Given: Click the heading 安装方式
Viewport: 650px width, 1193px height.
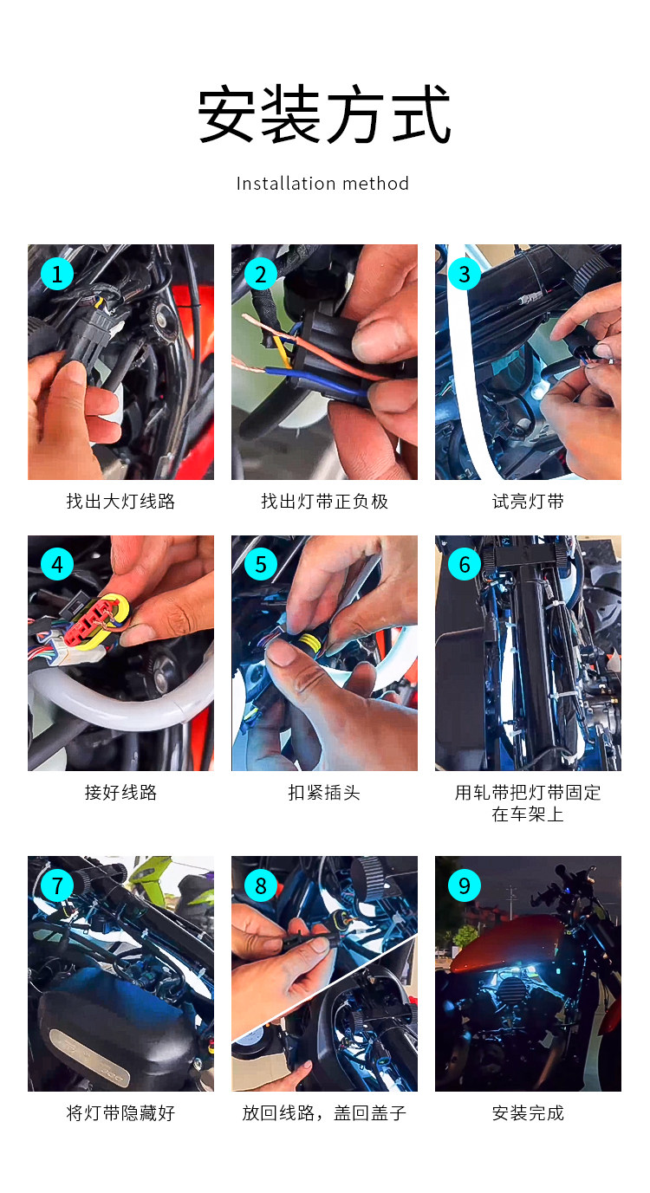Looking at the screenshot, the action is click(324, 113).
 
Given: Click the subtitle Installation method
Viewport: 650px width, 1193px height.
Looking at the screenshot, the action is click(322, 184).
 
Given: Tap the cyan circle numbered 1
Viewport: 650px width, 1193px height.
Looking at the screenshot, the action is click(57, 275).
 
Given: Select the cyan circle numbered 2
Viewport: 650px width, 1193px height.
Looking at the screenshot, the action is click(261, 275).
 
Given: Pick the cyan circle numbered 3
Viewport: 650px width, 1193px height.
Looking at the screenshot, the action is click(464, 275).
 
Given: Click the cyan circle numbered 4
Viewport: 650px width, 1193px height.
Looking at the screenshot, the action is click(57, 565).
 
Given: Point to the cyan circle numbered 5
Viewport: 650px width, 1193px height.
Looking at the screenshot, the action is click(261, 565).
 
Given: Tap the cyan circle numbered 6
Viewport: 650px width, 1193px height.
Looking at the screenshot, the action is click(464, 565).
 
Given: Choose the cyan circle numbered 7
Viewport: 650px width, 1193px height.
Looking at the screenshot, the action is click(57, 885).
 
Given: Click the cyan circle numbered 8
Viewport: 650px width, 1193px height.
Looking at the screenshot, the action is click(261, 885).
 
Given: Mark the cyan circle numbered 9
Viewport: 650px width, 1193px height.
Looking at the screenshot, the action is click(464, 885).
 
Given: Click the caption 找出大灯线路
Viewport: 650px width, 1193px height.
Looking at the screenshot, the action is click(121, 501).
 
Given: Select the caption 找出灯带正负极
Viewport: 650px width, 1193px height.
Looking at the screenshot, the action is click(324, 501).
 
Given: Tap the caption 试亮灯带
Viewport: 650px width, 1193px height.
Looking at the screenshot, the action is click(528, 501).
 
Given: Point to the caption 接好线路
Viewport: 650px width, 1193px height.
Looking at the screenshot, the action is click(121, 793).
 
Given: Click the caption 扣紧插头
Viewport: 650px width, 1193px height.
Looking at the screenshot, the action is click(324, 793).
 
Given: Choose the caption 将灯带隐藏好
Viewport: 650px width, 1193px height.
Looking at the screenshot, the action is click(121, 1112).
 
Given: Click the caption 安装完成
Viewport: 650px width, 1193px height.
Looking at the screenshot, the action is click(528, 1112).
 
